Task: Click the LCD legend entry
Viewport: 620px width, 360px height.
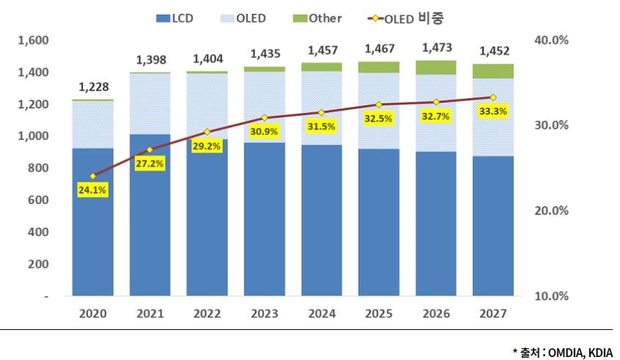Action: [174, 18]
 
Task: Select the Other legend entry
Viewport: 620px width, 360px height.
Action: [317, 18]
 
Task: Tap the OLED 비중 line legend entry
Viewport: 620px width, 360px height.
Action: [405, 18]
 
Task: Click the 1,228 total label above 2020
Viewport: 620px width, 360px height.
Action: [94, 87]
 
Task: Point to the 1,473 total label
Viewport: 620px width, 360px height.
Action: [437, 48]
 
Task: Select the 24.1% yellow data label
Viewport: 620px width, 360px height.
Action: [92, 190]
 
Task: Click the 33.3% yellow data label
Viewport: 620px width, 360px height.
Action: [493, 111]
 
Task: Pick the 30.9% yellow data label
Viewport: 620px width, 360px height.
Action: [264, 131]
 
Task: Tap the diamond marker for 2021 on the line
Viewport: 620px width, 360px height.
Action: [150, 150]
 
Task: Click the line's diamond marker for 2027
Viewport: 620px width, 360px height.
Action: [493, 98]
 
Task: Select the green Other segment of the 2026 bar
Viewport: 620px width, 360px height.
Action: [436, 67]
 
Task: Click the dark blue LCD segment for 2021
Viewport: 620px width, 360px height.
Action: [150, 215]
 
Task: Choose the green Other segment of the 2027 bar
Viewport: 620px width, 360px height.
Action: [493, 71]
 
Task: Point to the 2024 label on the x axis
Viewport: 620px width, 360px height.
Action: [322, 314]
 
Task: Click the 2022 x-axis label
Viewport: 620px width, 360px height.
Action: [207, 314]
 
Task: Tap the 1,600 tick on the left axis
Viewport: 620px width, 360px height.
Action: [33, 40]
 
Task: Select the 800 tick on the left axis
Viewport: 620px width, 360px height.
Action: [38, 168]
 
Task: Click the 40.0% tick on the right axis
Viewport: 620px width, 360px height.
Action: [552, 40]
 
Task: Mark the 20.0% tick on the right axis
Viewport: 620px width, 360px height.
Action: [552, 210]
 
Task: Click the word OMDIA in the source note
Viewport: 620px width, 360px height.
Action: [565, 352]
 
